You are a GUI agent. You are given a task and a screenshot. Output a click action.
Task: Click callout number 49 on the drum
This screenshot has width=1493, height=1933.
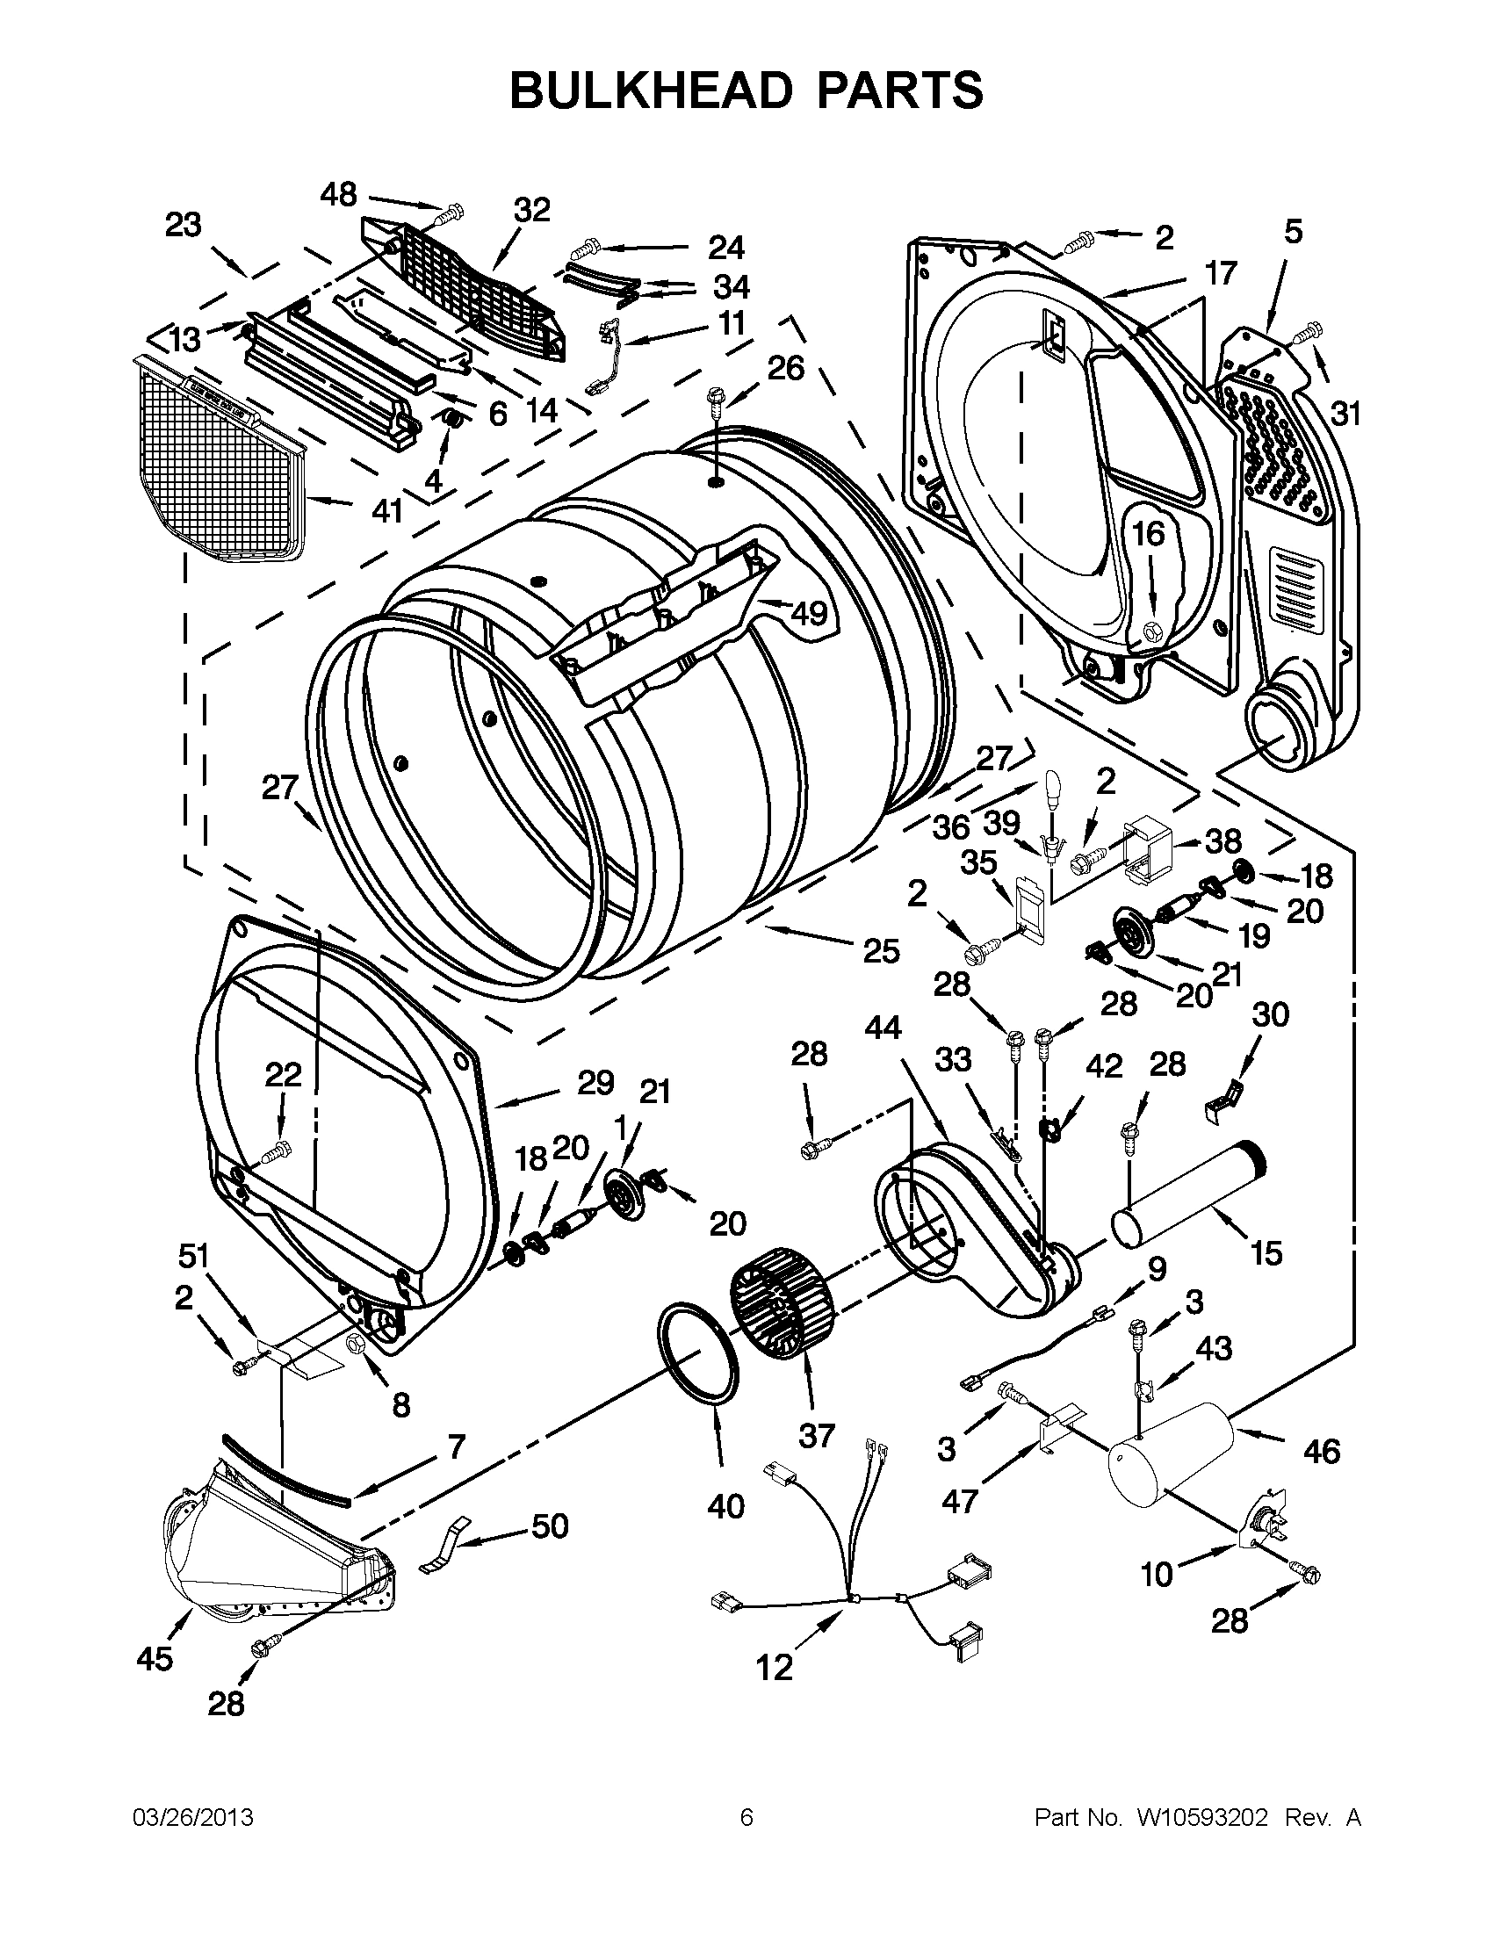(x=808, y=612)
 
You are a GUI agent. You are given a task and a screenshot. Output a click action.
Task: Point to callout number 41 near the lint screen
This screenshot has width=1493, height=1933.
(x=386, y=511)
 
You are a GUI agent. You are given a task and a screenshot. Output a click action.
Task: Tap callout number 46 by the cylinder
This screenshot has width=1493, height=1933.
(x=1322, y=1452)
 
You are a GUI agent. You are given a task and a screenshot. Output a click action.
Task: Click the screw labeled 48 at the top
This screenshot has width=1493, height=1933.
(x=451, y=213)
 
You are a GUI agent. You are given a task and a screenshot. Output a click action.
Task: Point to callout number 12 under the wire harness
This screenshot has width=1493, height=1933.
(x=775, y=1669)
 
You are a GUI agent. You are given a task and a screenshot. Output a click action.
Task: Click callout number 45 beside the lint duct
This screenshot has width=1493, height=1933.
(x=155, y=1660)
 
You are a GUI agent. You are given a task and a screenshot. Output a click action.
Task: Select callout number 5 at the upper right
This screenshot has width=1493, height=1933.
(x=1293, y=232)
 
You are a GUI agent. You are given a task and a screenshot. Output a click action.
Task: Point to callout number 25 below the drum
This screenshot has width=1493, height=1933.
(x=882, y=950)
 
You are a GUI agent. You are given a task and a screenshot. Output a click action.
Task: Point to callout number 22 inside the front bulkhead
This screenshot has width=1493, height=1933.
(x=283, y=1075)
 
